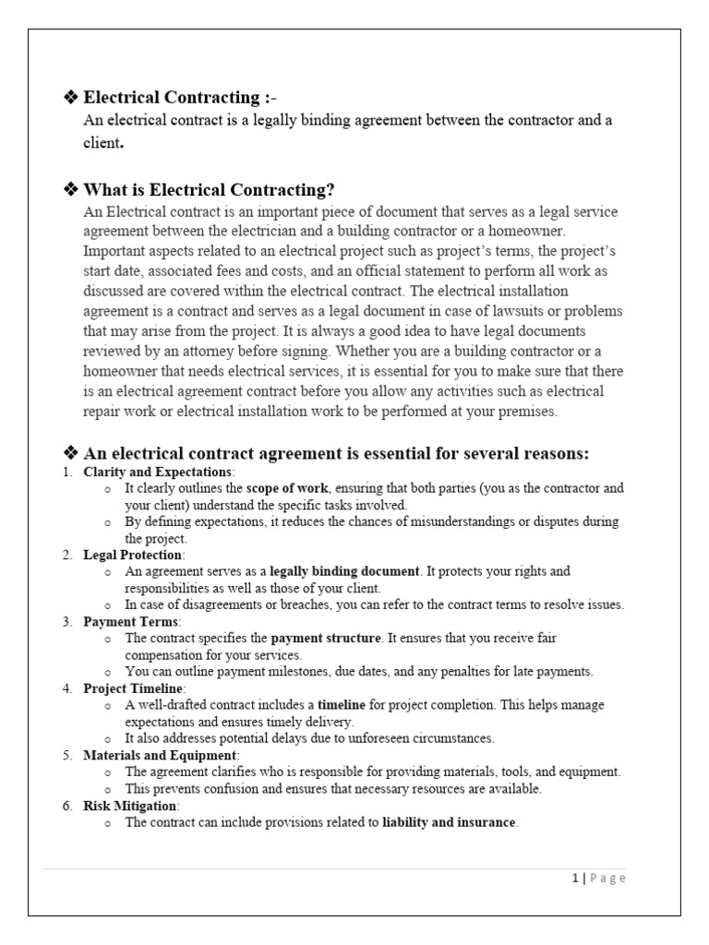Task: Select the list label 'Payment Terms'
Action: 128,622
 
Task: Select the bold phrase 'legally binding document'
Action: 344,571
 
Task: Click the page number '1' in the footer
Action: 573,879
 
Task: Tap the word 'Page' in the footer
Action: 606,879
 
